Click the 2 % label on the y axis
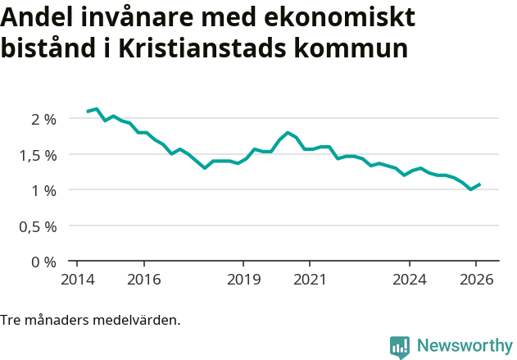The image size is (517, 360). tap(43, 119)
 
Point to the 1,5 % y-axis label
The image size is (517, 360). tap(39, 155)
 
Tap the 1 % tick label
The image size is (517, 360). tap(43, 190)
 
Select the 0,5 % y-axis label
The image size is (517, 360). tap(39, 226)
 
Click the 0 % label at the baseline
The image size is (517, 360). tap(43, 262)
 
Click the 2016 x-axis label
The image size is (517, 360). tap(143, 279)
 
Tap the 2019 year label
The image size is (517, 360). tap(243, 279)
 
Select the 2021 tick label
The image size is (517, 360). tap(310, 279)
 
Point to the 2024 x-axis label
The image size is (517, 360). tap(410, 279)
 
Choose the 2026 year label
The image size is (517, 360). tap(476, 279)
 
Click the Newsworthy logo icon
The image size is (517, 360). tap(400, 346)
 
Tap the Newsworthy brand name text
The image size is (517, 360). tap(465, 346)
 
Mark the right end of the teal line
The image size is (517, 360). tap(480, 185)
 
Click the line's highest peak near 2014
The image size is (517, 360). tap(97, 108)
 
